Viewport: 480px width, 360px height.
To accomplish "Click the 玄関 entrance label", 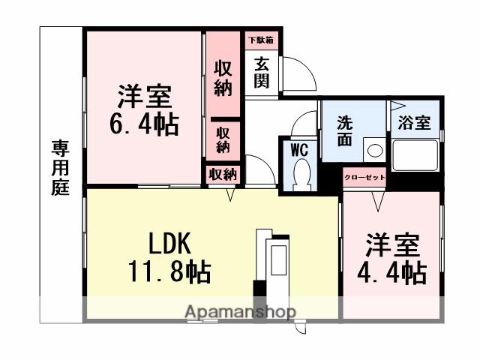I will pos(261,72).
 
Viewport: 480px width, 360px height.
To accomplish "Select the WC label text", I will pos(300,149).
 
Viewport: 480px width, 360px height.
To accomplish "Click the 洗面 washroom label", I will pos(346,130).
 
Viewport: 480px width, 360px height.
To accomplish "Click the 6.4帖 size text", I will pos(145,124).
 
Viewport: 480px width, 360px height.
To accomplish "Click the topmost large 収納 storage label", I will pos(223,78).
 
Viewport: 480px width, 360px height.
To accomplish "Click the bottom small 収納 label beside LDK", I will pos(223,175).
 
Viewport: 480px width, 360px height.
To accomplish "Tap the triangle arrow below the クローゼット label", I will pos(375,199).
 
